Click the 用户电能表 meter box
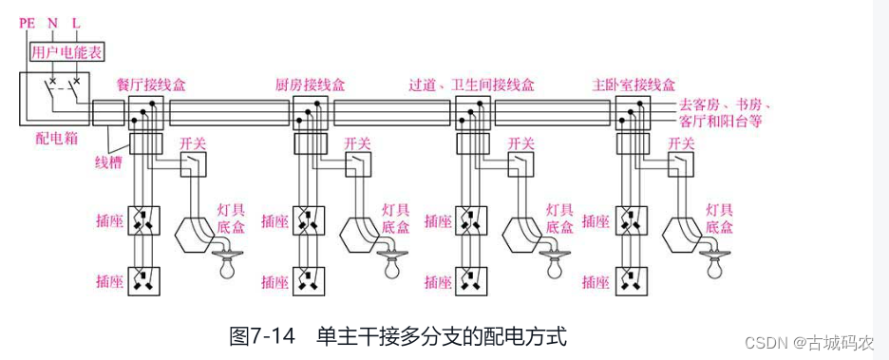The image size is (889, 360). (67, 53)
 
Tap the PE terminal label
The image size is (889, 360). (27, 23)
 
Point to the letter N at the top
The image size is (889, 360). (53, 23)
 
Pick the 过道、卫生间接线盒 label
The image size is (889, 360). (472, 85)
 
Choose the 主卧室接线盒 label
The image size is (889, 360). (634, 85)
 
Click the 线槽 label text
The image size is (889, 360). (107, 165)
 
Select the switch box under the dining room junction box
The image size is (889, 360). (194, 164)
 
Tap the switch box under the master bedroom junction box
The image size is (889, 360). (681, 164)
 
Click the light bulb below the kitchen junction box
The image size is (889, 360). (390, 265)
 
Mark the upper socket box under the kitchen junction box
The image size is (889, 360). (309, 220)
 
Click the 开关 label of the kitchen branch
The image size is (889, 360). (357, 144)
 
